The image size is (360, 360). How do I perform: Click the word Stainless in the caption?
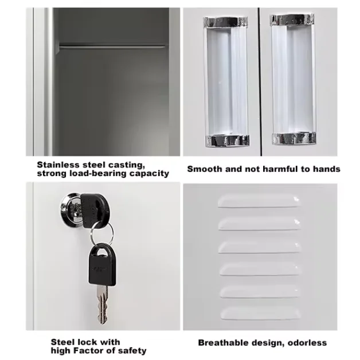[58, 165]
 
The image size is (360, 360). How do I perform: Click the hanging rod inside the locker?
[112, 46]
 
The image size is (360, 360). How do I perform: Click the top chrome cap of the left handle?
[225, 21]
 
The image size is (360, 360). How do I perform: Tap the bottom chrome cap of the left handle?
[228, 140]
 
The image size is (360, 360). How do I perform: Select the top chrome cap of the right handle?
[292, 19]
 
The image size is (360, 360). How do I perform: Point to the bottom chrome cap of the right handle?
[294, 139]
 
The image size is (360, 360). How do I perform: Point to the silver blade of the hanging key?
[102, 304]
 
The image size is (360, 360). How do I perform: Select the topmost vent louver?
[259, 201]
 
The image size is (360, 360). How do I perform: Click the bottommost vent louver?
[260, 314]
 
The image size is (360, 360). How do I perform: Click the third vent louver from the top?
[260, 247]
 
